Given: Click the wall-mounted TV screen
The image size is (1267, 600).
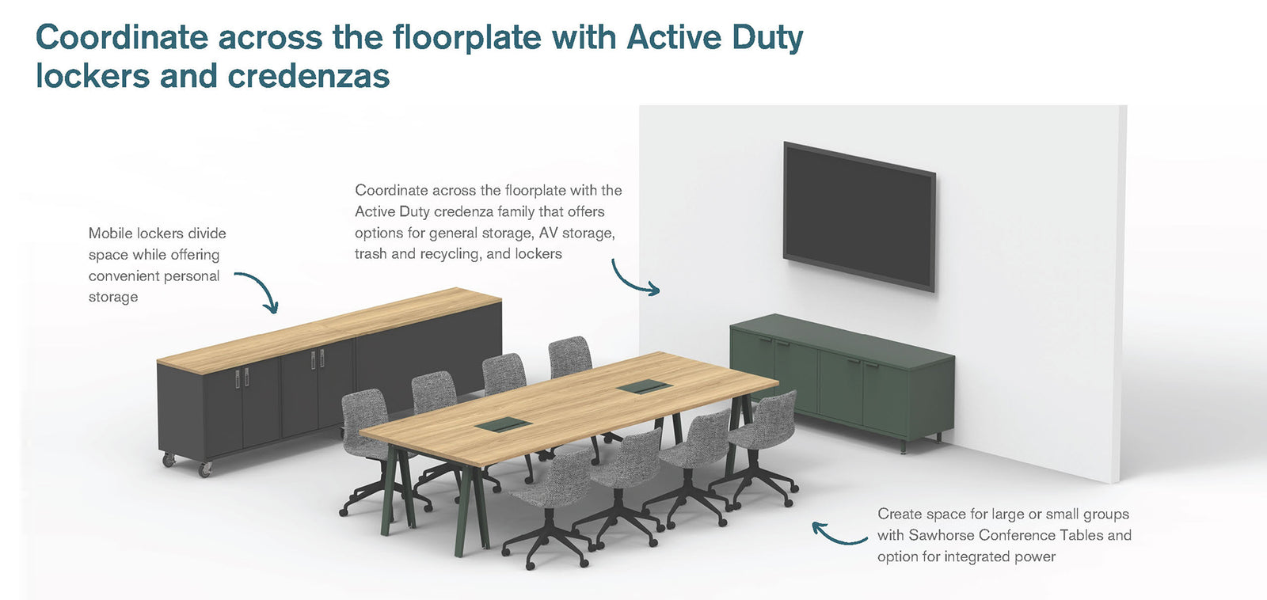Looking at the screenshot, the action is [859, 217].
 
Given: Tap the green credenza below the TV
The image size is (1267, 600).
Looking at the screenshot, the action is [843, 380].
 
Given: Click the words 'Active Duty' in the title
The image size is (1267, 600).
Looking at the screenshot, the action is [715, 37].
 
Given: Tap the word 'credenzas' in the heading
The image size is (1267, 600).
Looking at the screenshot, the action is [309, 76].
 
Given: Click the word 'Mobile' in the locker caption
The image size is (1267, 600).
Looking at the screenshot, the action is [107, 233].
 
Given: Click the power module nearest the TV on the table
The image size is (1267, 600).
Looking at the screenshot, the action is [645, 387].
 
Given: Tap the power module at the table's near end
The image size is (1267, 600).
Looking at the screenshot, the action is [503, 425].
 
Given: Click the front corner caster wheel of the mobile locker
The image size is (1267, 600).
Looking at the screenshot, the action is [204, 469].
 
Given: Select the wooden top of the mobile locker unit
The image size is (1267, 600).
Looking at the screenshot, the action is [329, 329].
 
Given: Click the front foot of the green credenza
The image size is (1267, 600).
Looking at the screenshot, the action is [903, 447].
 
